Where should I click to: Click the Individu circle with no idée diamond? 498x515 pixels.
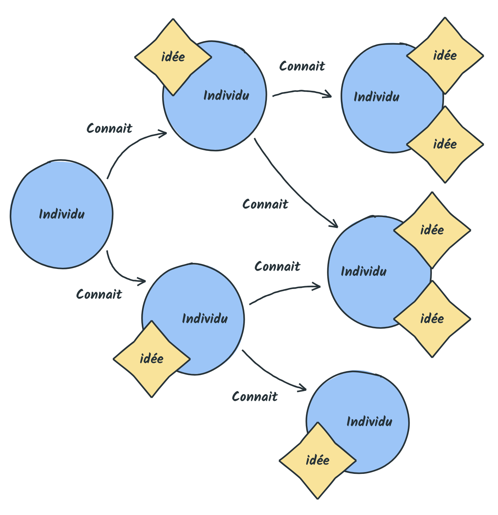tap(62, 214)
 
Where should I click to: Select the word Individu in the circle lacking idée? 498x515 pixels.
tap(62, 214)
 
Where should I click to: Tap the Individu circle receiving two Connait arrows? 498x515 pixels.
tap(379, 272)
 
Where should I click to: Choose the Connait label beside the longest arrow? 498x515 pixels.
tap(265, 204)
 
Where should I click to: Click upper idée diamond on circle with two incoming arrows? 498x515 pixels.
tap(432, 230)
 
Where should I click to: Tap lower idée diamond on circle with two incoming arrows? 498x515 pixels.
tap(432, 319)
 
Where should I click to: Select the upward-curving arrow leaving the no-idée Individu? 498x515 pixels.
tap(127, 148)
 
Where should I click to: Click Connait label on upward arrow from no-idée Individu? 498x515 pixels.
tap(109, 128)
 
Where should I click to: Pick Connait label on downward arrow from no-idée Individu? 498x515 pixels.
tap(99, 294)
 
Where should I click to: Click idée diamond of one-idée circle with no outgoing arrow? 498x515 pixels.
tap(318, 461)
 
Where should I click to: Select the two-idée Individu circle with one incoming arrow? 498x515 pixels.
tap(392, 98)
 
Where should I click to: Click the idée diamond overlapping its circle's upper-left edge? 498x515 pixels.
tap(173, 57)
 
